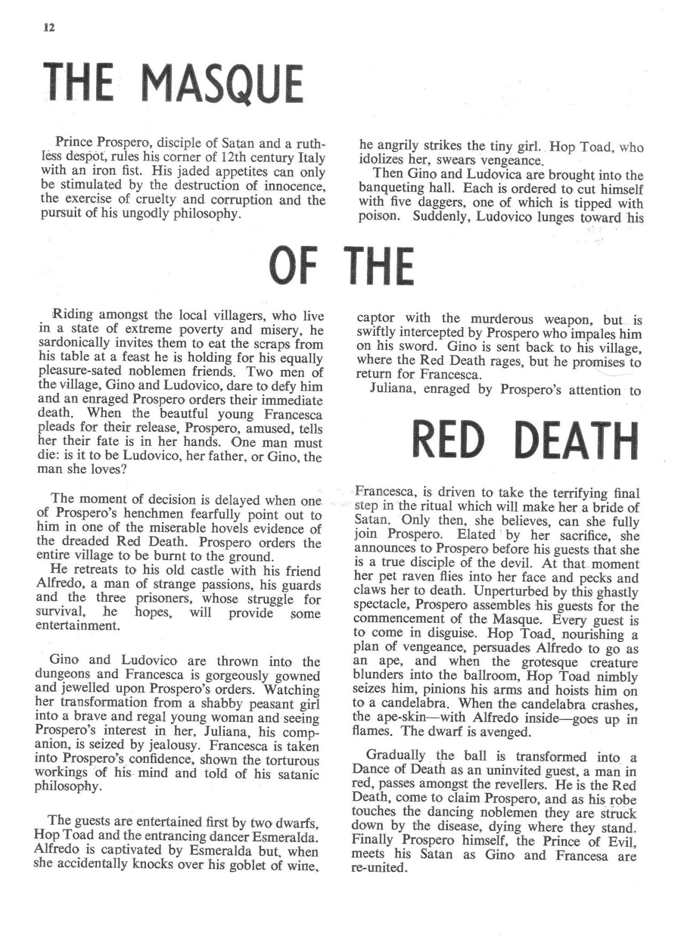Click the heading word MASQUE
224,87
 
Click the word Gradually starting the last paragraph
397,756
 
